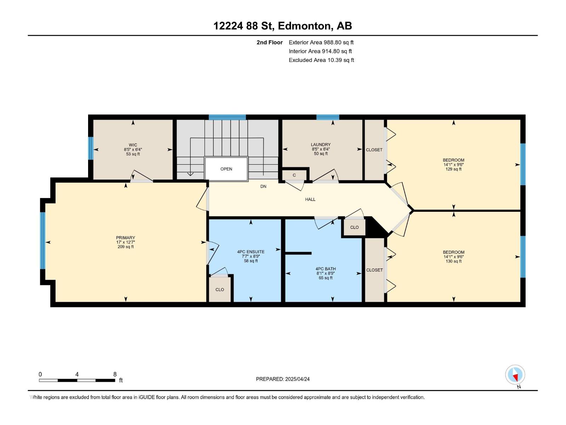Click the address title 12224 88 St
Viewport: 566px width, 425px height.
[283, 26]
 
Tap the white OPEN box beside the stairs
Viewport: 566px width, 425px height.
[226, 169]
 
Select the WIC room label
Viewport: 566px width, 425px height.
[133, 145]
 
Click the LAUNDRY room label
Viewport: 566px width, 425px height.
[321, 144]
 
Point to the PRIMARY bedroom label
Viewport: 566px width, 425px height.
[126, 238]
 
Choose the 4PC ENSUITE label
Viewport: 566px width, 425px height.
[251, 252]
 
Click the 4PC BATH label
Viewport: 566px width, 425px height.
[325, 269]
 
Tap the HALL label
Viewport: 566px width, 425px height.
[310, 199]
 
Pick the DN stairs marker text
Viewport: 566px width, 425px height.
[263, 186]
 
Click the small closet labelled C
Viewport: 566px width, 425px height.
[294, 175]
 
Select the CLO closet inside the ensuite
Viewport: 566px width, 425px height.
[220, 289]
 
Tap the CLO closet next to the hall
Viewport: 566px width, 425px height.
[354, 227]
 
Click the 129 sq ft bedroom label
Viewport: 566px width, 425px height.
[454, 164]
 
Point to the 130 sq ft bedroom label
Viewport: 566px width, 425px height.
[454, 257]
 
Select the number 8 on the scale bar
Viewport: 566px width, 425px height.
[115, 374]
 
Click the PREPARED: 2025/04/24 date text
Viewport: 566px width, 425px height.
[283, 379]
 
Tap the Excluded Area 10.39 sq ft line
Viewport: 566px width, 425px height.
[321, 60]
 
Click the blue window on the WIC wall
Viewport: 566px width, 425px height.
[91, 148]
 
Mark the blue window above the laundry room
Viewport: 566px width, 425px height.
[328, 117]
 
